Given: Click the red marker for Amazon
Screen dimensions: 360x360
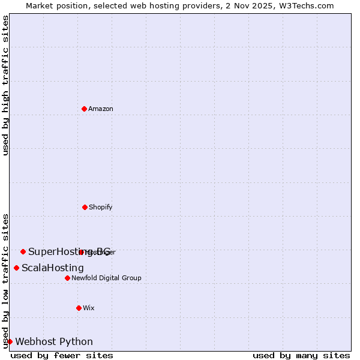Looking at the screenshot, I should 84,109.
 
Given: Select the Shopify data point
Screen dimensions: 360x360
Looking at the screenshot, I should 85,207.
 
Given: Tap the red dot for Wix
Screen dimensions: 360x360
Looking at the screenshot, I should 79,308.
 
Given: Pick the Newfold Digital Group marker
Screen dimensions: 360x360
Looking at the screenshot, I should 67,278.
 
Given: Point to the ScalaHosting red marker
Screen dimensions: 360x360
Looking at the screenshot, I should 16,268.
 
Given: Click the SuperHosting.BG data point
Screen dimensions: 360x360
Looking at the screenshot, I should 23,251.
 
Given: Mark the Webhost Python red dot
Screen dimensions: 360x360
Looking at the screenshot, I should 10,341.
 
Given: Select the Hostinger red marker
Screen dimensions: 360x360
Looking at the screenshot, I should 81,252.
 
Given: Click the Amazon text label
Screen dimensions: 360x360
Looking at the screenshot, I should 101,109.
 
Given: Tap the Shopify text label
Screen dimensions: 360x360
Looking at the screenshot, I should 101,207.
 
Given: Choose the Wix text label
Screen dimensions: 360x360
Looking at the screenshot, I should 89,308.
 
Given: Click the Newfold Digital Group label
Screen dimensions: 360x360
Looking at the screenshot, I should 106,278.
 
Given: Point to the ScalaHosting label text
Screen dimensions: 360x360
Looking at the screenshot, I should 53,268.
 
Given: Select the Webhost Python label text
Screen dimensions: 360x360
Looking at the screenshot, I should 54,341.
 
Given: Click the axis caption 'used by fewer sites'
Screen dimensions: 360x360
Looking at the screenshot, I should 62,355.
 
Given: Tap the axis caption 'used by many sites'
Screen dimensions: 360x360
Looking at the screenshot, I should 301,355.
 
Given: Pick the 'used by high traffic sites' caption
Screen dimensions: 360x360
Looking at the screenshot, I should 5,85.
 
